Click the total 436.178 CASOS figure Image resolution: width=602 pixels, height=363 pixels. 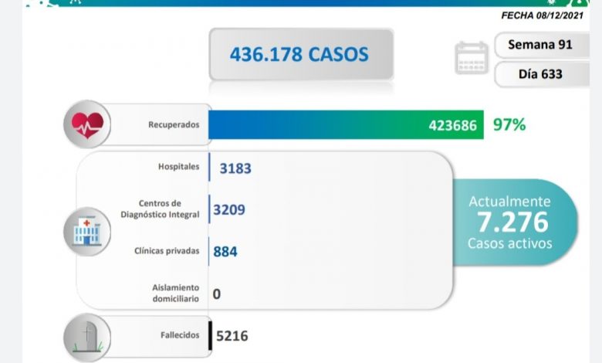coord(299,54)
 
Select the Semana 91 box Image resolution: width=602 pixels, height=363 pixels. coord(539,45)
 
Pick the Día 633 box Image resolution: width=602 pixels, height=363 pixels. coord(539,75)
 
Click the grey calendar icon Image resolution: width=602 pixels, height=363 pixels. coord(472,58)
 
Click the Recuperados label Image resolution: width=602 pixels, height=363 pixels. coord(174,124)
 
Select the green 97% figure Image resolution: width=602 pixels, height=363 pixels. coord(509,124)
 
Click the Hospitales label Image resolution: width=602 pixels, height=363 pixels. coord(178,167)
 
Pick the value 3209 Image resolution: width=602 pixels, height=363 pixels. coord(229,209)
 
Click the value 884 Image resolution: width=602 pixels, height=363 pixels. coord(225,251)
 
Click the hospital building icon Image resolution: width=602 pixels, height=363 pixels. coord(86,230)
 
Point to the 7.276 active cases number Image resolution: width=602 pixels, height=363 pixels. coord(512,222)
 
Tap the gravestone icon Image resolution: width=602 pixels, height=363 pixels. coord(88,337)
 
